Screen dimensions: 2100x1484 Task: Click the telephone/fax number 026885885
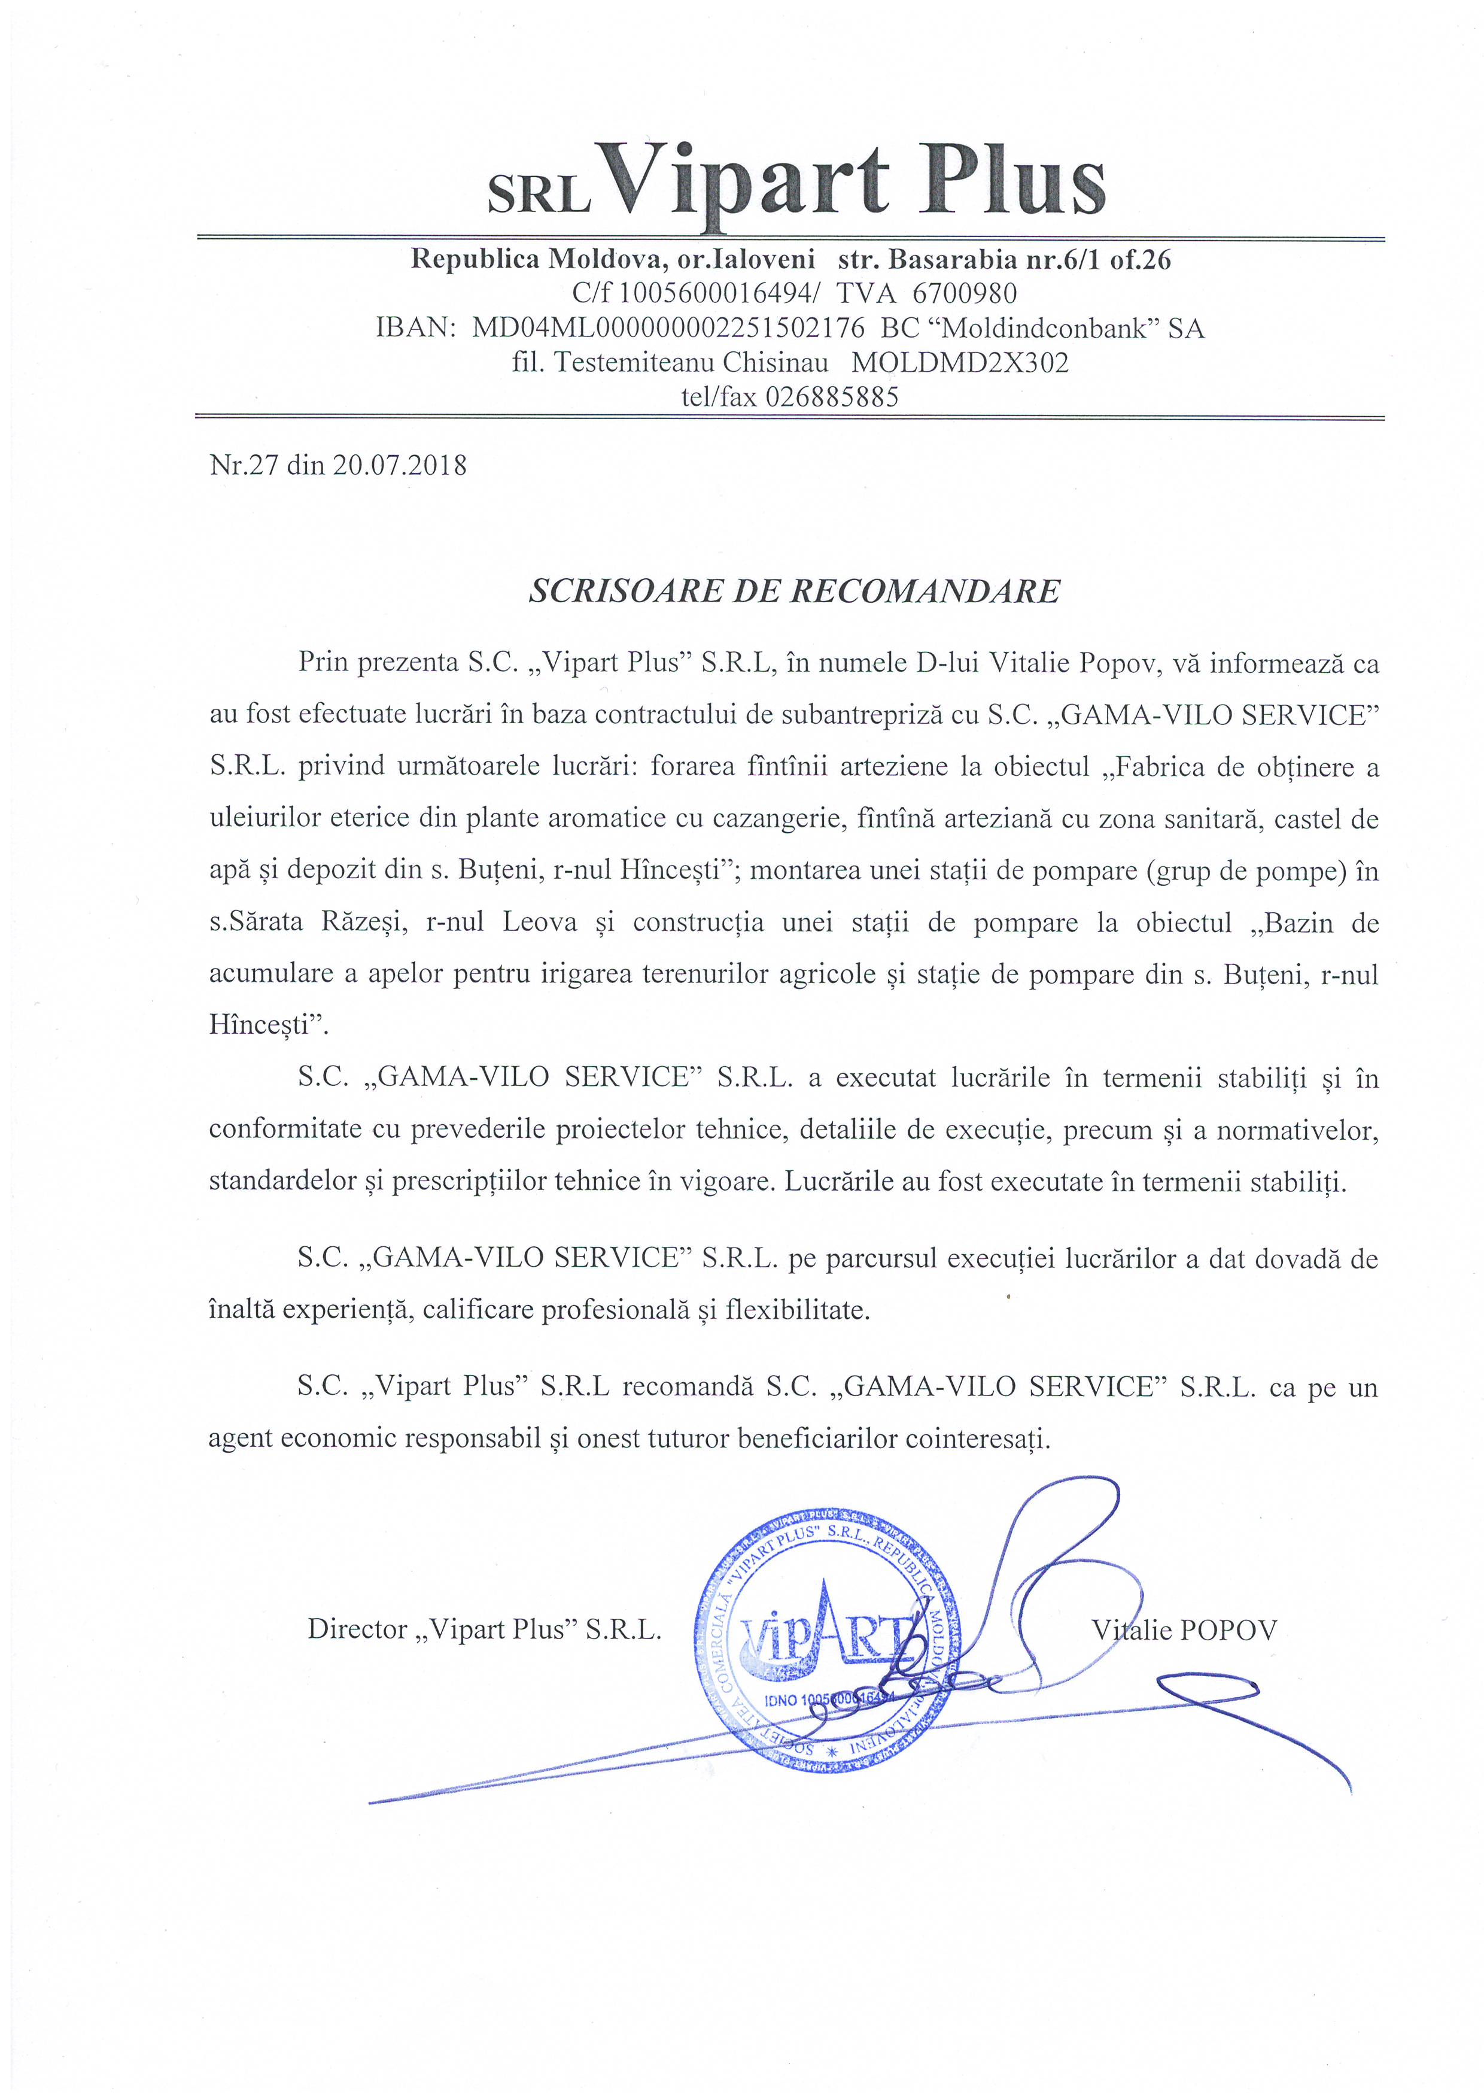pos(832,397)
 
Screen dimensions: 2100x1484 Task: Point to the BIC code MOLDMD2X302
pos(959,363)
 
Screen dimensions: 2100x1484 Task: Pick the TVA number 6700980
pos(965,293)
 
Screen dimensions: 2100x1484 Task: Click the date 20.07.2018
pos(400,466)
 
